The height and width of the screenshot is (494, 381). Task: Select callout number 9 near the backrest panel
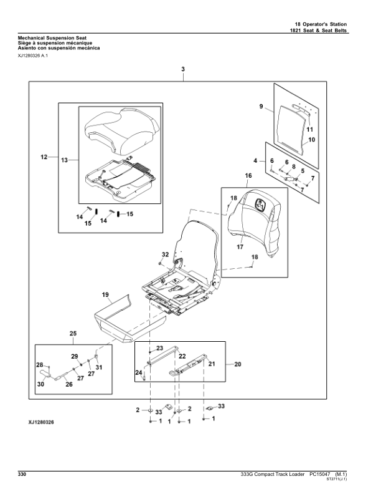[261, 107]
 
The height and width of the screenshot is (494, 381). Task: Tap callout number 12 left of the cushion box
[44, 157]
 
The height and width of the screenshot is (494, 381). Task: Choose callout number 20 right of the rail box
[237, 364]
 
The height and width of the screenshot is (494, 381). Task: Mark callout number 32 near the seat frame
[165, 254]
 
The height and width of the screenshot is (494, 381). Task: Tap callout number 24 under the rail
[138, 373]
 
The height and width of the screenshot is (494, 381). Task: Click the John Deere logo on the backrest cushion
[259, 203]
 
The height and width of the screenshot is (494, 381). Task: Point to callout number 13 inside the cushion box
[64, 160]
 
